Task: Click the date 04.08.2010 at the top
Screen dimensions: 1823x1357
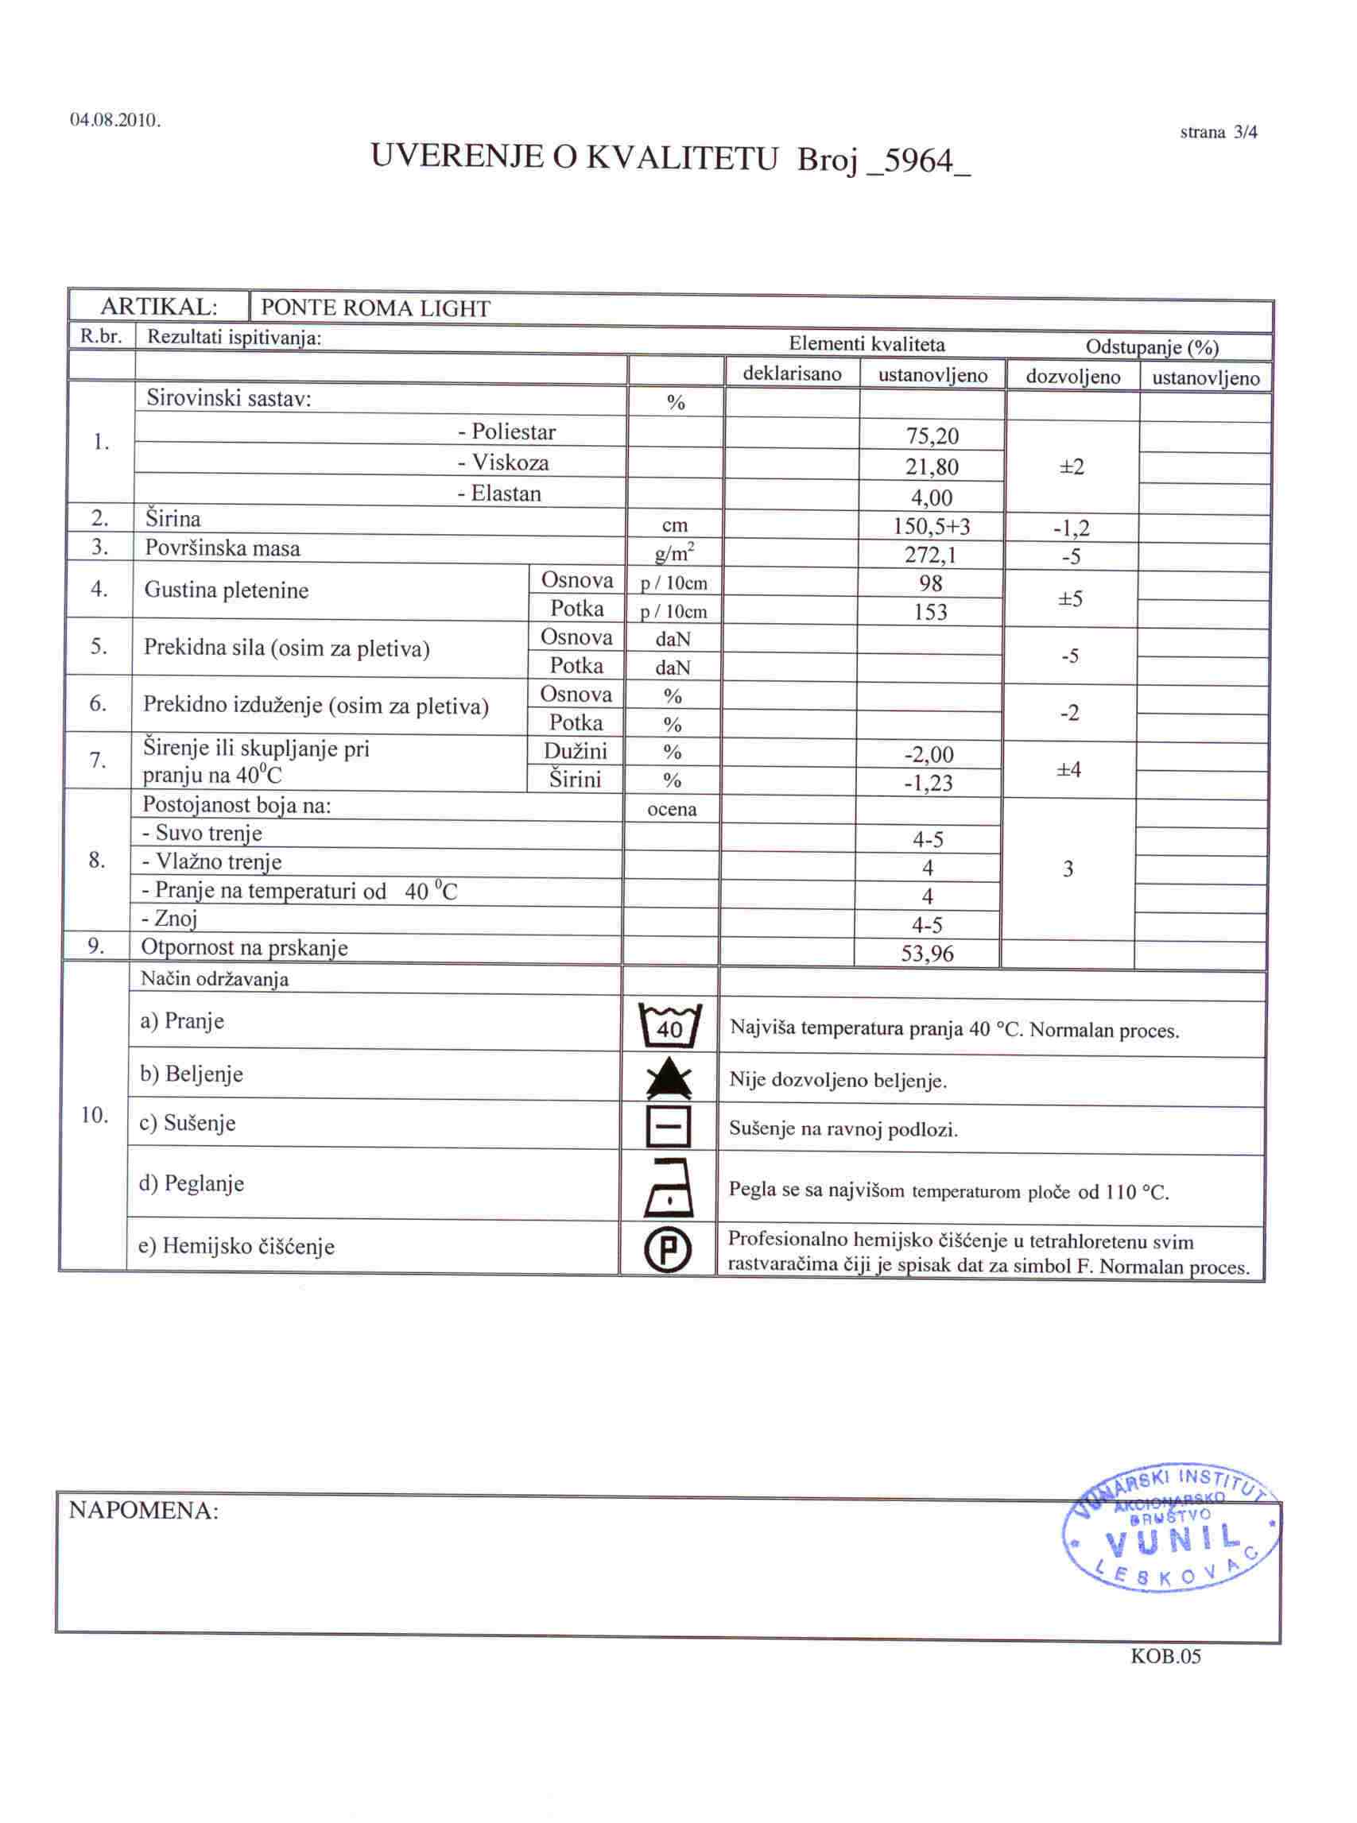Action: click(x=116, y=121)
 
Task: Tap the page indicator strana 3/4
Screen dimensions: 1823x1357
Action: click(x=1218, y=132)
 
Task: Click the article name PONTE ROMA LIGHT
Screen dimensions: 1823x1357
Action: click(x=375, y=309)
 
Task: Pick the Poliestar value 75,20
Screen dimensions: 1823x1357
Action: click(x=932, y=436)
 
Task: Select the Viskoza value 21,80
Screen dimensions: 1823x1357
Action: click(x=932, y=467)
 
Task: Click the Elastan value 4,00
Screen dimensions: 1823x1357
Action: click(x=932, y=497)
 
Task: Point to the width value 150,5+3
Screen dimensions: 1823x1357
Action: click(x=932, y=526)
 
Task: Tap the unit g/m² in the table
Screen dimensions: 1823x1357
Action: click(x=674, y=555)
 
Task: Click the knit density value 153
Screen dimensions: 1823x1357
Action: click(x=931, y=612)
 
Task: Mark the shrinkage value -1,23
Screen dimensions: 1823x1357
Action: click(x=929, y=783)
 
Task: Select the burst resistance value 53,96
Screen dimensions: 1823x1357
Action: click(x=928, y=954)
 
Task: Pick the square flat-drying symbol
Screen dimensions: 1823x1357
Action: click(x=669, y=1128)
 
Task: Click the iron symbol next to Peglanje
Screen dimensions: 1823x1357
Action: click(x=669, y=1186)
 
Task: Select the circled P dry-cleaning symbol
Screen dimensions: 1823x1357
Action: click(x=669, y=1251)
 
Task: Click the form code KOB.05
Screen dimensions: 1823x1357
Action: click(x=1165, y=1656)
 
